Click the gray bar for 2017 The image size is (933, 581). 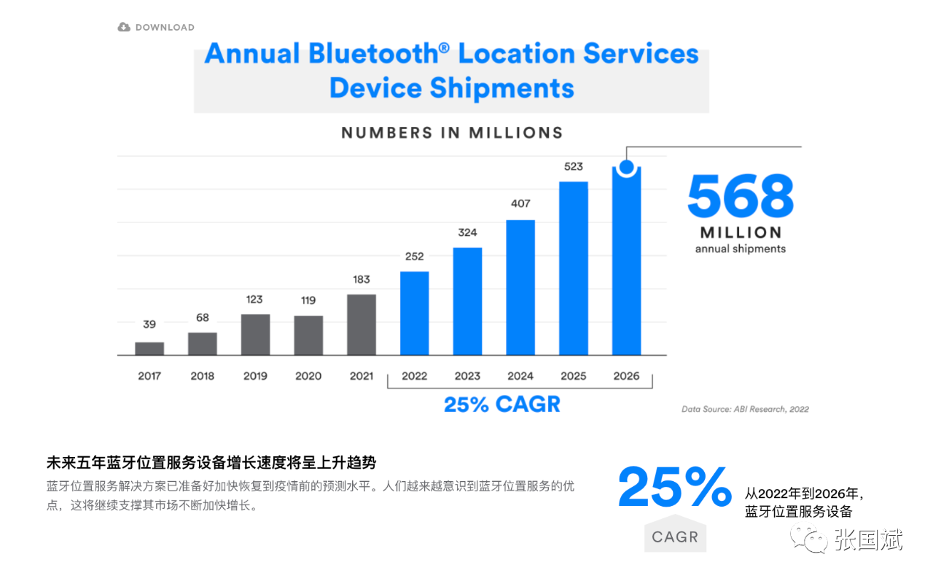[x=149, y=348]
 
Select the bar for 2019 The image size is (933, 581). [x=255, y=335]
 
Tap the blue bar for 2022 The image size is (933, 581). [x=414, y=313]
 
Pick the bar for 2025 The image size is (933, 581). [x=573, y=268]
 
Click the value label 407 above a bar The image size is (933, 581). [x=520, y=204]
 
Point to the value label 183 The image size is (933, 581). [x=361, y=279]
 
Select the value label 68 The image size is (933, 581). [x=202, y=317]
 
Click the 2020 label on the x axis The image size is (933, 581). [x=308, y=376]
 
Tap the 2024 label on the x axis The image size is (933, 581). [x=520, y=376]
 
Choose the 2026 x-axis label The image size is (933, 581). [x=626, y=376]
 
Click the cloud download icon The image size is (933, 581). [x=124, y=27]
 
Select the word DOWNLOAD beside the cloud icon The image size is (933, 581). [x=165, y=28]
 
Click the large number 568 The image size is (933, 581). [x=740, y=196]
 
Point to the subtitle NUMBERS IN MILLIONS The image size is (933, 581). [x=452, y=133]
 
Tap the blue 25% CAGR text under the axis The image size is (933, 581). [x=502, y=405]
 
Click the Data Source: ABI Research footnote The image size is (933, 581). [x=745, y=409]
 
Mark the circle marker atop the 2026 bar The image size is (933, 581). [x=626, y=167]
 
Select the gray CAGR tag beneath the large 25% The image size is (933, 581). [x=675, y=537]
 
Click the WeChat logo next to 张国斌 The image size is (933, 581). [x=810, y=539]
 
